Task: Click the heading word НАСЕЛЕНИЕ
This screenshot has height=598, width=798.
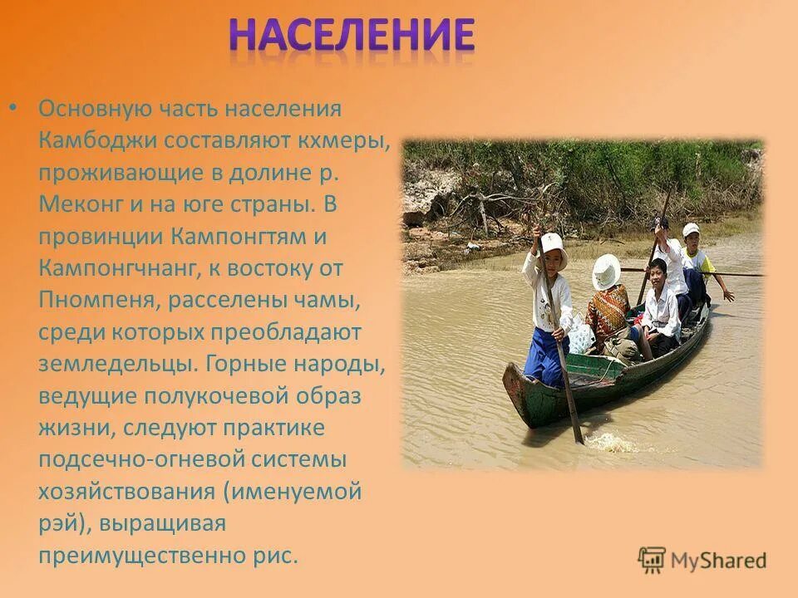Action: pos(352,37)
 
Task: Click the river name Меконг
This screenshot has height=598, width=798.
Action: pos(80,203)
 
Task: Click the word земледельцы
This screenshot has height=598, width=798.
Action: pos(106,364)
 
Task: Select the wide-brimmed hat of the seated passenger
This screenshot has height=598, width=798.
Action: pos(606,271)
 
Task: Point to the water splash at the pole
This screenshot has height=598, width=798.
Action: pos(611,443)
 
